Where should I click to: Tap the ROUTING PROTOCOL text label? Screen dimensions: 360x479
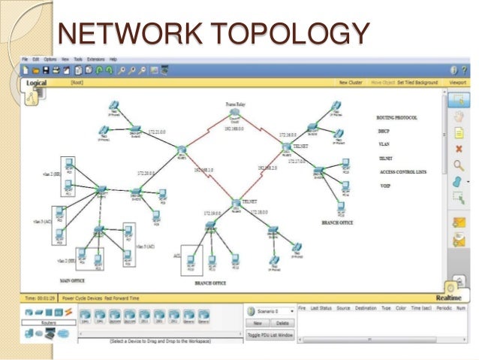pyautogui.click(x=397, y=118)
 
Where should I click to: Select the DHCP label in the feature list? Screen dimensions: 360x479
pyautogui.click(x=383, y=131)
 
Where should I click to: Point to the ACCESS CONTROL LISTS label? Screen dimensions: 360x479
pyautogui.click(x=402, y=171)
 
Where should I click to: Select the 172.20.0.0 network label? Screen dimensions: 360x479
pyautogui.click(x=146, y=174)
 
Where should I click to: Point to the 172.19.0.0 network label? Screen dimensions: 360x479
pyautogui.click(x=214, y=213)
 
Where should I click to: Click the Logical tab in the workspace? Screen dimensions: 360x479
pyautogui.click(x=38, y=83)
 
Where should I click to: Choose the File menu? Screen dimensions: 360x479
pyautogui.click(x=25, y=59)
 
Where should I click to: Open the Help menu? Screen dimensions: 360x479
pyautogui.click(x=113, y=59)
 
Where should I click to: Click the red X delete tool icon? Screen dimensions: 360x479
pyautogui.click(x=457, y=149)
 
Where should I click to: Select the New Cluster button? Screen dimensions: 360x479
pyautogui.click(x=352, y=83)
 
